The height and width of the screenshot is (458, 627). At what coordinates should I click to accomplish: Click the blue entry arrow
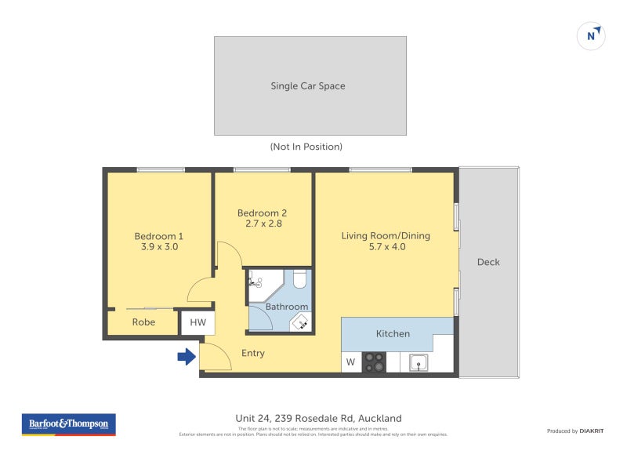point(187,357)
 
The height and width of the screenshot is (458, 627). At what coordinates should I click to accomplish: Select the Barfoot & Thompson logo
point(69,424)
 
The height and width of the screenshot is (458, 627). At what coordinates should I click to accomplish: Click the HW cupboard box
point(198,322)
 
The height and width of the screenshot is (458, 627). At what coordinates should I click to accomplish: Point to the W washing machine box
point(350,362)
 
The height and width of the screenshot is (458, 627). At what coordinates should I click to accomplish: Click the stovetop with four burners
point(375,362)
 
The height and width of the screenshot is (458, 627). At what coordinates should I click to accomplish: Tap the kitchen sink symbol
point(418,362)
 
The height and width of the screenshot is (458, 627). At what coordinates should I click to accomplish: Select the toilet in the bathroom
point(299,280)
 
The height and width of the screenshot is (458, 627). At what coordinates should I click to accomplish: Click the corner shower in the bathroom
point(258,282)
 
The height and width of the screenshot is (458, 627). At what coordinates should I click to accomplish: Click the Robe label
point(143,322)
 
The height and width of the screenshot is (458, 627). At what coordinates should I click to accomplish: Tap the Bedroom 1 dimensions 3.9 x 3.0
point(159,247)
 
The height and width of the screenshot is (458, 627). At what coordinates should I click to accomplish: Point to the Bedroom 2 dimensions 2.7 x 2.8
point(263,224)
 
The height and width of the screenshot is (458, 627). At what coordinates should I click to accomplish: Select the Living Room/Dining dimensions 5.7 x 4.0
point(386,247)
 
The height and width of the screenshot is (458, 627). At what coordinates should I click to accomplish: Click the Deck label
point(488,262)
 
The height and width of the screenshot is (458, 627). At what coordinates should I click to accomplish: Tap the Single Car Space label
point(308,86)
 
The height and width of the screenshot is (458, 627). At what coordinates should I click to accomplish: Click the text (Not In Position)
point(306,147)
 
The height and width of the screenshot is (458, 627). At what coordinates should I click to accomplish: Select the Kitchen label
point(393,334)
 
